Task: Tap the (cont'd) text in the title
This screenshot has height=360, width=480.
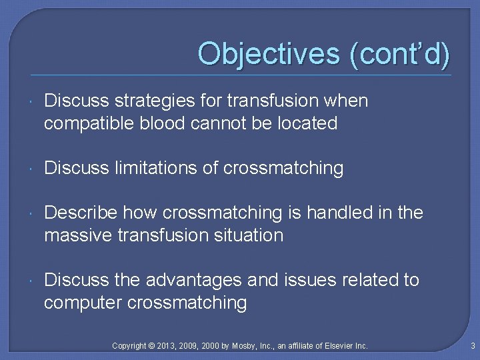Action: (399, 53)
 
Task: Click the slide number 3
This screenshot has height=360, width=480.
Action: (472, 345)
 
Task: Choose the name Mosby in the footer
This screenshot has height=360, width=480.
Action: (243, 345)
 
